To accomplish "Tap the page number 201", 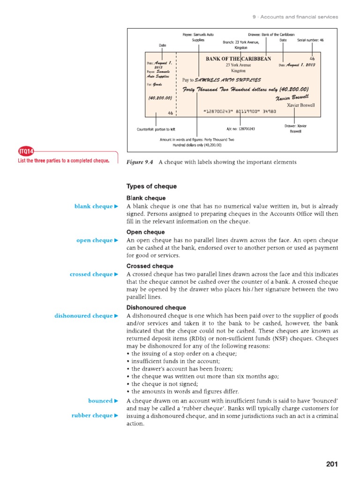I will point(331,464).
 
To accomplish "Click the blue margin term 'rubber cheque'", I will point(92,415).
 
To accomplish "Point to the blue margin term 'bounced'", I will point(100,401).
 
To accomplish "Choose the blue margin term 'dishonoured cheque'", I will point(83,316).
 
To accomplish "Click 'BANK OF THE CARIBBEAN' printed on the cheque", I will point(238,59).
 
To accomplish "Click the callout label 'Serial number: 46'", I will point(310,40).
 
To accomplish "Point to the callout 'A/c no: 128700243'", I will point(240,129).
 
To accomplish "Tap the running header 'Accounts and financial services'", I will point(299,17).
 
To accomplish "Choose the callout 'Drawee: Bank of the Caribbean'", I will point(271,35).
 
